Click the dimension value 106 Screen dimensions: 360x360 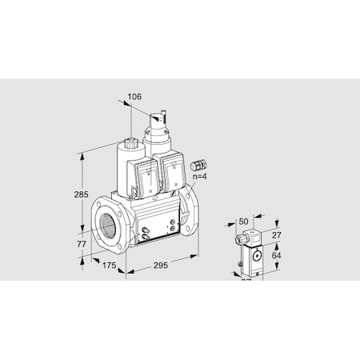click(x=134, y=97)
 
